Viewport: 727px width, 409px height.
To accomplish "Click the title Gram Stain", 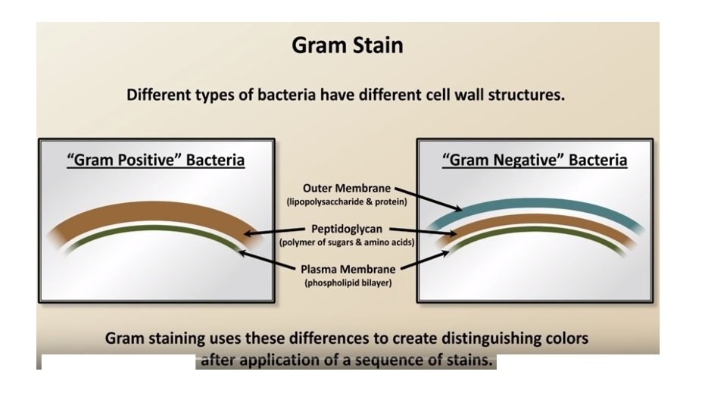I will (x=347, y=45).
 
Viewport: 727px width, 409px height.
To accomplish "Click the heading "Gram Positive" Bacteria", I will (x=156, y=161).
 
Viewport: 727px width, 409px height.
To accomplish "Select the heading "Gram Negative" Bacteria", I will (x=535, y=161).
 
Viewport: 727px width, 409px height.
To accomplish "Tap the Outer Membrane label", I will (x=347, y=188).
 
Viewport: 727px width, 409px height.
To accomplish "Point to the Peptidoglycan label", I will (x=347, y=228).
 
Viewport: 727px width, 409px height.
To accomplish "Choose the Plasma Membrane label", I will (x=347, y=269).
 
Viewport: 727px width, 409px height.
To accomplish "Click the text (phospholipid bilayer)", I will (x=347, y=283).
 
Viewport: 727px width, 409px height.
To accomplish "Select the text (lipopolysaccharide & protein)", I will (x=347, y=202).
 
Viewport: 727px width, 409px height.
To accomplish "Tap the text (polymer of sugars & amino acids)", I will (x=347, y=242).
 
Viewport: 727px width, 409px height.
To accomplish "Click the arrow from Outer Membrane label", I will (x=427, y=198).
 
